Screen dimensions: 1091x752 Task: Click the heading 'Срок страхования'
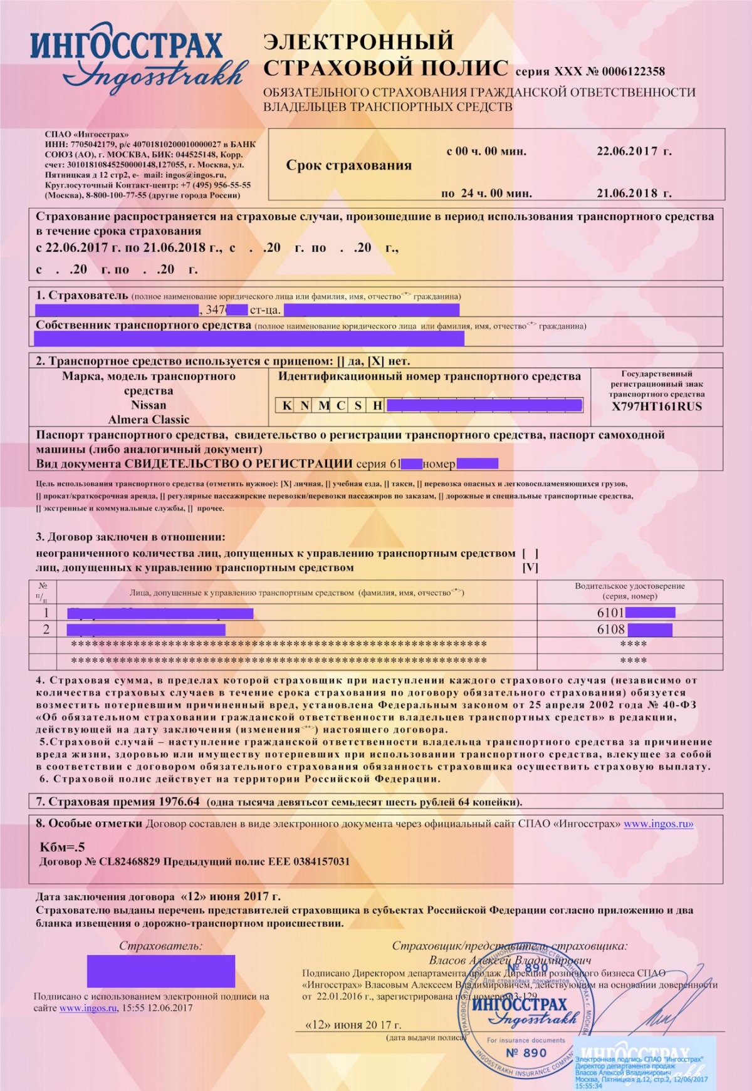pyautogui.click(x=348, y=165)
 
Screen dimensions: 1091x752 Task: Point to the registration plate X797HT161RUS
pyautogui.click(x=657, y=406)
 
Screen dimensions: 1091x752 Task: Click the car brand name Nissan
pyautogui.click(x=149, y=405)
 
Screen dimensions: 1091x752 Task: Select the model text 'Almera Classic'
pyautogui.click(x=149, y=420)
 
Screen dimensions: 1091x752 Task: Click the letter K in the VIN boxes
pyautogui.click(x=286, y=405)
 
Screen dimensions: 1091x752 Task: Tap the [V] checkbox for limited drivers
pyautogui.click(x=530, y=568)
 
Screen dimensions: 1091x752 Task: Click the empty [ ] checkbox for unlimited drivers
pyautogui.click(x=530, y=554)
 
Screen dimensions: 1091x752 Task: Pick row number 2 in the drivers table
pyautogui.click(x=46, y=629)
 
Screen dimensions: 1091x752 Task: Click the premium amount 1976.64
pyautogui.click(x=179, y=802)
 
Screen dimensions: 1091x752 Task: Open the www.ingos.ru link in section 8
pyautogui.click(x=658, y=824)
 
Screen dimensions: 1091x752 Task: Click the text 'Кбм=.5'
pyautogui.click(x=62, y=847)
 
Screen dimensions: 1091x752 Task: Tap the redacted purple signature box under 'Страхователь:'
pyautogui.click(x=161, y=971)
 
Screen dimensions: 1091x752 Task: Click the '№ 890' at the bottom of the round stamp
pyautogui.click(x=526, y=1053)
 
